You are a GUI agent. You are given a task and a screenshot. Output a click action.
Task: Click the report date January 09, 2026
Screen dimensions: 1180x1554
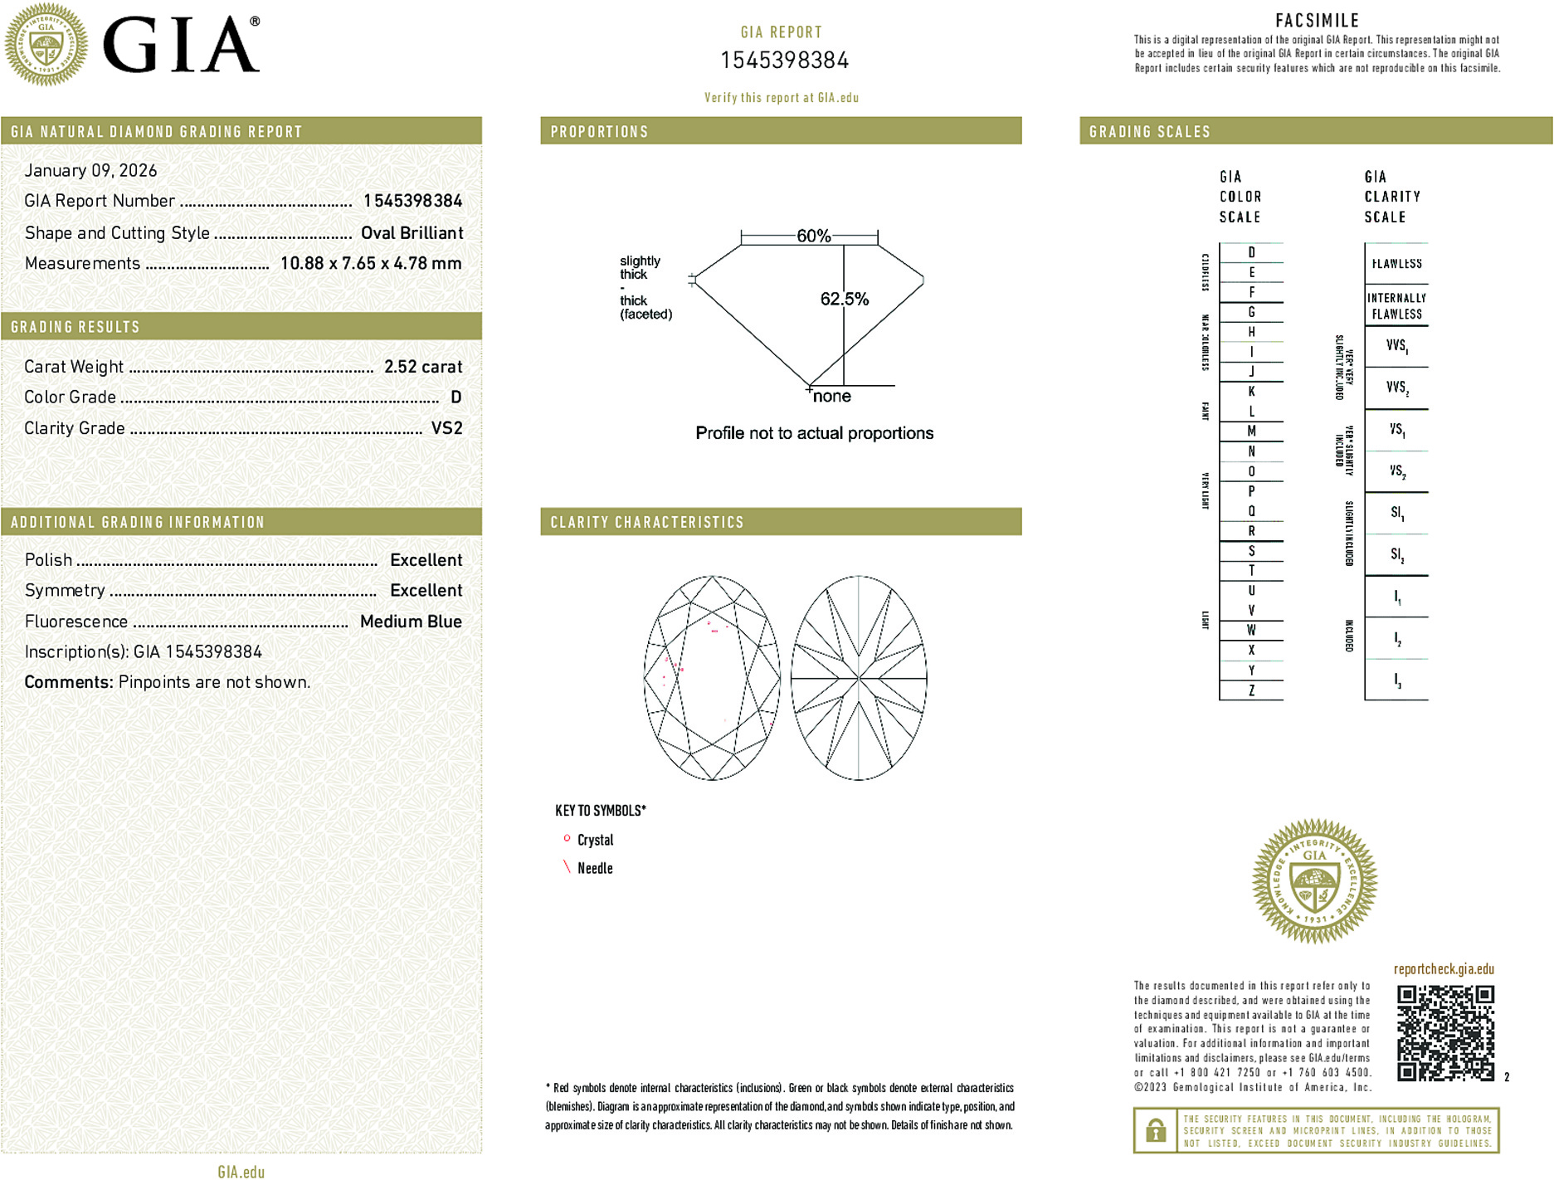pos(90,170)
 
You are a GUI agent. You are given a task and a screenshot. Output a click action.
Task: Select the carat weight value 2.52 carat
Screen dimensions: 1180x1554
pos(422,367)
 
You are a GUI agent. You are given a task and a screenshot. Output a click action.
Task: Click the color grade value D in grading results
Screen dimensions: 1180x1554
pos(455,397)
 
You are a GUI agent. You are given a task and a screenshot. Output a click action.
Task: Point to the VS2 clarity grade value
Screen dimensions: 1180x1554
pos(446,428)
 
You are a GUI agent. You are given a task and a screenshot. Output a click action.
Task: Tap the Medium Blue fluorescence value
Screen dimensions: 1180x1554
pos(411,622)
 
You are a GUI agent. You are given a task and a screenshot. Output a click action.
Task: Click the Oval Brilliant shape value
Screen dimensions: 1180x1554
pos(412,233)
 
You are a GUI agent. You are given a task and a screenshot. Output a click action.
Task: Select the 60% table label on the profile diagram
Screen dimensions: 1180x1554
pos(813,236)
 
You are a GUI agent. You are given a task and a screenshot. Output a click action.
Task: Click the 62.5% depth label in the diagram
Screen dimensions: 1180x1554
pos(844,299)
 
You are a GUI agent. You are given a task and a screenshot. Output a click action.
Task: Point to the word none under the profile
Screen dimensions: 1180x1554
pos(831,397)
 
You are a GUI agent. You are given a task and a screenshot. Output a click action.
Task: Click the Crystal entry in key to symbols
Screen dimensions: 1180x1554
pos(595,840)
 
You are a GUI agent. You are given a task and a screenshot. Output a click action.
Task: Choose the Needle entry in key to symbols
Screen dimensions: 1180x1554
pos(595,868)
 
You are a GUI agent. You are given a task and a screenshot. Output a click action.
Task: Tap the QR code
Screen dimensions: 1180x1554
pos(1444,1033)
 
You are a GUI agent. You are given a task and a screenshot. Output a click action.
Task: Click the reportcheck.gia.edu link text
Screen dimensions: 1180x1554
pos(1443,969)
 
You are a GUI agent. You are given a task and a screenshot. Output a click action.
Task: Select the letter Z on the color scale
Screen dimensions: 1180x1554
pos(1251,690)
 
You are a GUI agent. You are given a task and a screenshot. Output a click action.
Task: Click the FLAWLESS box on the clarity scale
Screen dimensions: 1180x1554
pos(1396,264)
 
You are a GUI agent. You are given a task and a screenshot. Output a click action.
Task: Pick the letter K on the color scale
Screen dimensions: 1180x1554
pos(1251,392)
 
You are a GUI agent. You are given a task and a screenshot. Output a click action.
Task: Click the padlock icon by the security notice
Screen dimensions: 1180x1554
pos(1155,1130)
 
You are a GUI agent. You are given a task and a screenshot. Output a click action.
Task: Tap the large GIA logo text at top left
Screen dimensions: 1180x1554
pos(181,46)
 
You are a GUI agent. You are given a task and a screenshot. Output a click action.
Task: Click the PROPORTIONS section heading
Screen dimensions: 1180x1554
pos(599,132)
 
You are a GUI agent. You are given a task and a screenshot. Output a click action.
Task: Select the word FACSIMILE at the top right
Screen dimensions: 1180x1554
pos(1317,21)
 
